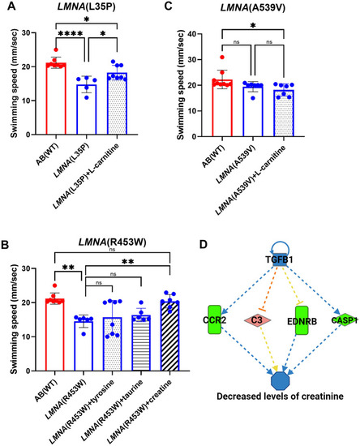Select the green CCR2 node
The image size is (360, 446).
(x=215, y=319)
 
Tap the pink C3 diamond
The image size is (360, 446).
(x=257, y=320)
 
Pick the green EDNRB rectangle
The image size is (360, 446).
(x=302, y=320)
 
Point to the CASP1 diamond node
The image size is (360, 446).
(x=345, y=320)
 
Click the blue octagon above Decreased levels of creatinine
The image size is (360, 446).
(x=281, y=380)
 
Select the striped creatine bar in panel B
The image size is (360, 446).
(x=169, y=336)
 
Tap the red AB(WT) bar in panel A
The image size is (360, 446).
(x=56, y=98)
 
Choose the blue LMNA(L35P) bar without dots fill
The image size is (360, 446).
(x=87, y=109)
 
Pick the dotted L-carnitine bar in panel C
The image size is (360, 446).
(x=284, y=114)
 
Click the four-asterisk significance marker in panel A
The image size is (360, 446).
(x=71, y=34)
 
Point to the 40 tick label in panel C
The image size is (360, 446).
(x=192, y=34)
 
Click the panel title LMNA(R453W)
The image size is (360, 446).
(x=112, y=242)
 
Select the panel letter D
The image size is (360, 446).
(x=204, y=245)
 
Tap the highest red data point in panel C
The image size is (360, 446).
(x=222, y=58)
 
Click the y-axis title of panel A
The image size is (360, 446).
(x=14, y=84)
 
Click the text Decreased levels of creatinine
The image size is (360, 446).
(x=280, y=396)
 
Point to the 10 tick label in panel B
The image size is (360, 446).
(x=26, y=337)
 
